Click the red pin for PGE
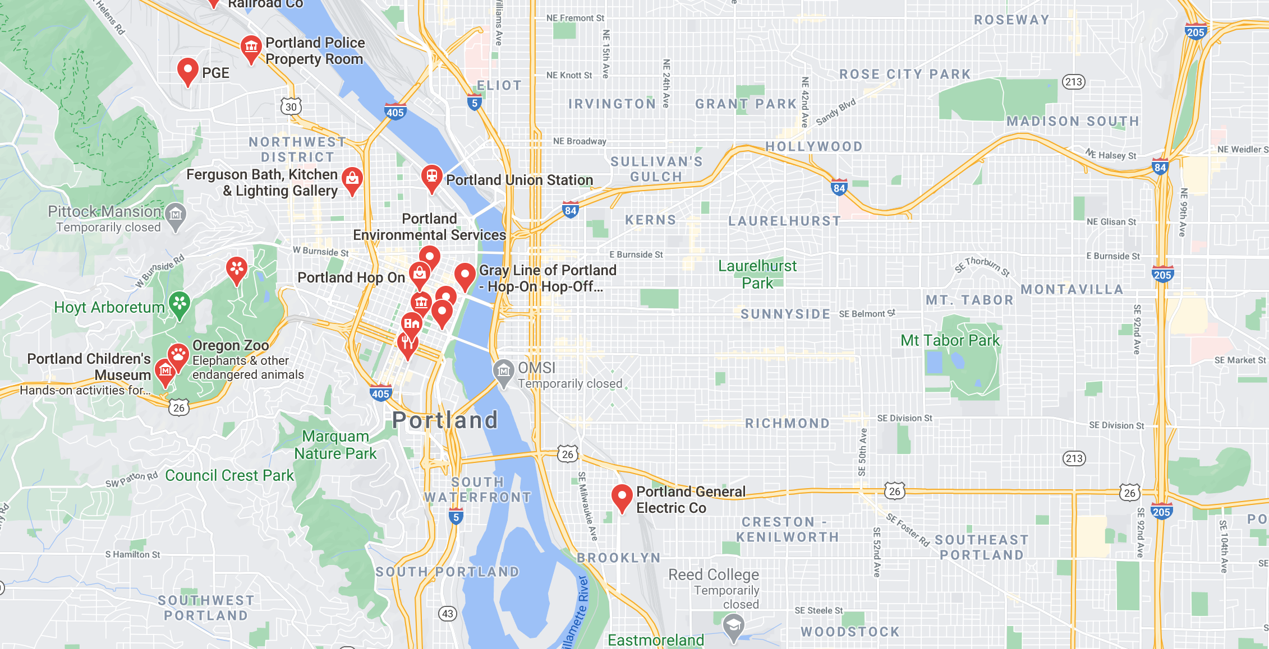(187, 71)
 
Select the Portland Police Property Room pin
(251, 48)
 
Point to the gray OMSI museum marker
(503, 371)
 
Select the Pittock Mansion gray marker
(176, 215)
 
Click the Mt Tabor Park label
(950, 340)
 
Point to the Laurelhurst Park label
(757, 274)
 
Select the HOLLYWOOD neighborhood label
(814, 147)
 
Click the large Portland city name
(445, 420)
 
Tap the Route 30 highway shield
(291, 106)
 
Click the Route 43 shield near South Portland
(447, 614)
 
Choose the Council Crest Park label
(229, 475)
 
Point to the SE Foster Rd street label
(907, 529)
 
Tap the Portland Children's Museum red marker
(165, 371)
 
